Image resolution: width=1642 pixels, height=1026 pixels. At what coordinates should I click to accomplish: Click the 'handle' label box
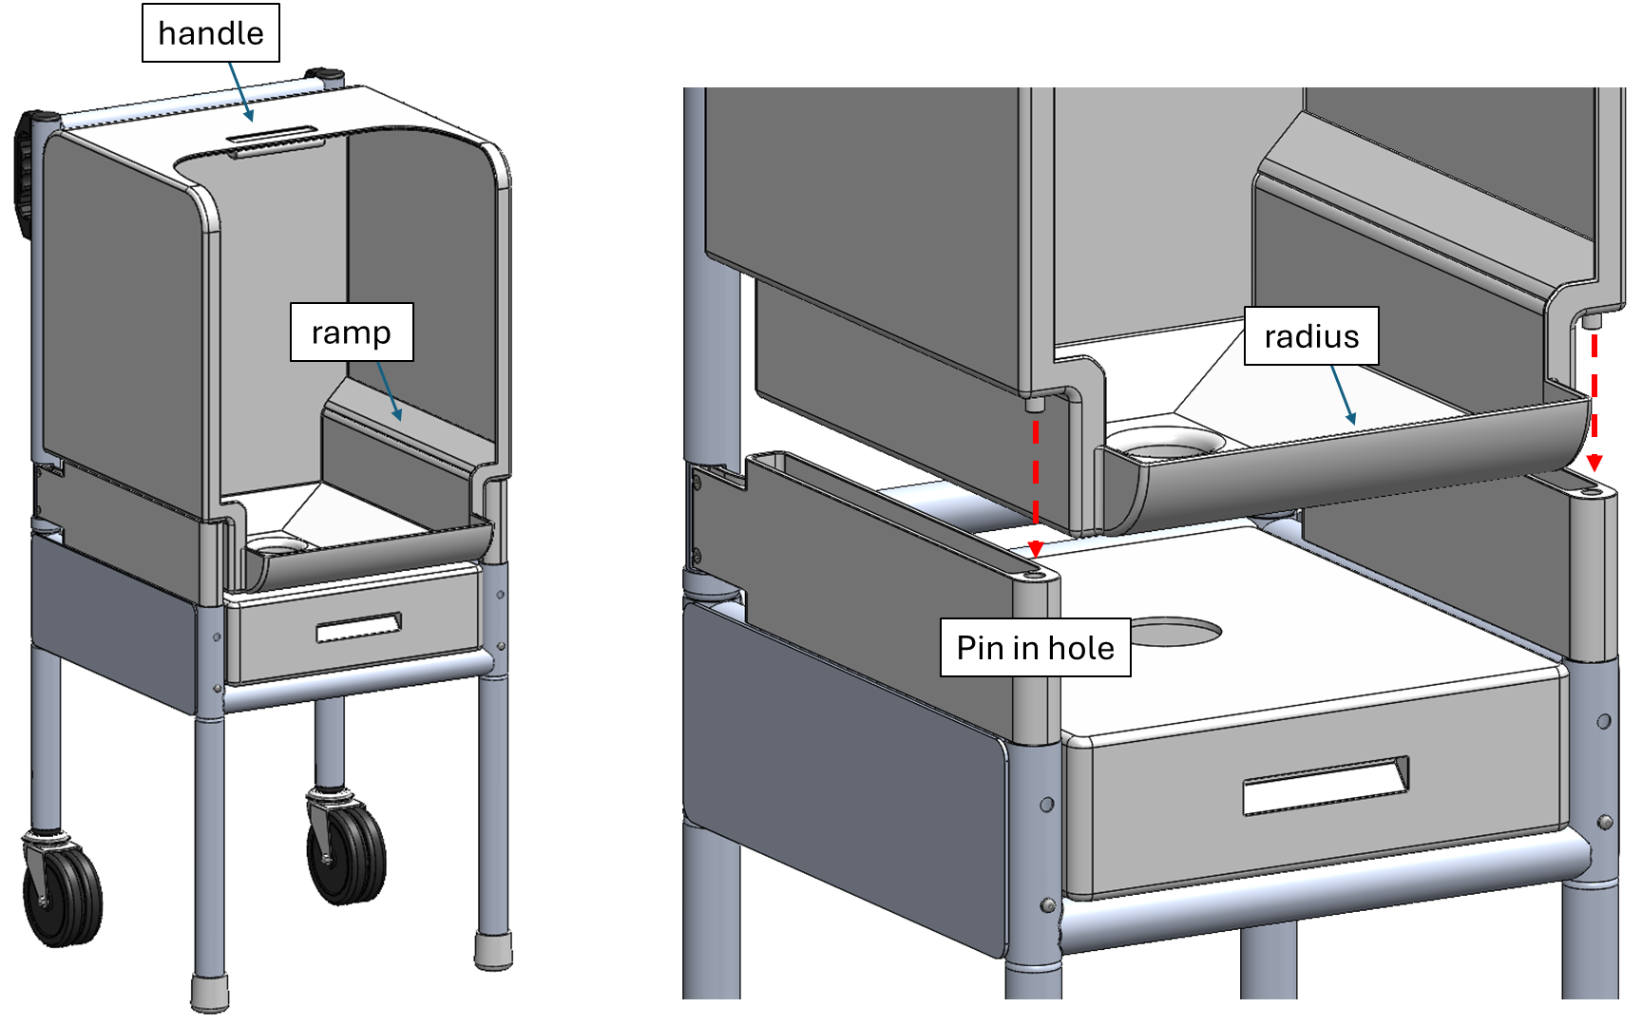[x=210, y=33]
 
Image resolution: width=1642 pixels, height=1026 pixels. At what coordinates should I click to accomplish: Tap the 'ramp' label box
[x=351, y=332]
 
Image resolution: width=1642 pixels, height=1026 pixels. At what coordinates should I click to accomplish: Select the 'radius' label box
[x=1310, y=336]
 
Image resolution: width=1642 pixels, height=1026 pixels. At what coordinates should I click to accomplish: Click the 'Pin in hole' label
[x=1035, y=648]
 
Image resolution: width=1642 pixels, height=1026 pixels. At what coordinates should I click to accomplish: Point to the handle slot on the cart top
[x=274, y=137]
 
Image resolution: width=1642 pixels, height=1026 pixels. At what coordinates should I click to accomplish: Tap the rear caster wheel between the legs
[x=348, y=845]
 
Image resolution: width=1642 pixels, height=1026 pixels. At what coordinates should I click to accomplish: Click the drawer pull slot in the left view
[x=358, y=627]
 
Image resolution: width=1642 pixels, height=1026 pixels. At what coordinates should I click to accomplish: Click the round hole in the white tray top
[x=1174, y=631]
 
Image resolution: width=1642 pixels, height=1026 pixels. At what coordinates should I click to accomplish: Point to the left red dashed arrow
[x=1036, y=484]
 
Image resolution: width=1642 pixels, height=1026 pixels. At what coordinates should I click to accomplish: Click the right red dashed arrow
[x=1594, y=399]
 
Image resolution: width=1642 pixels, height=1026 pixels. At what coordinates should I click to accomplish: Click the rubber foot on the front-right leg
[x=493, y=950]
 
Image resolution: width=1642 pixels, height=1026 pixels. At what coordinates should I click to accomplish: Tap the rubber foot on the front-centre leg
[x=210, y=993]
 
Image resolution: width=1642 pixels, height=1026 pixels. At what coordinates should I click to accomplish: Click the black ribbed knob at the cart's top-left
[x=26, y=171]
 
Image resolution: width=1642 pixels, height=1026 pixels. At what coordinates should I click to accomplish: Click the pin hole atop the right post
[x=1591, y=491]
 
